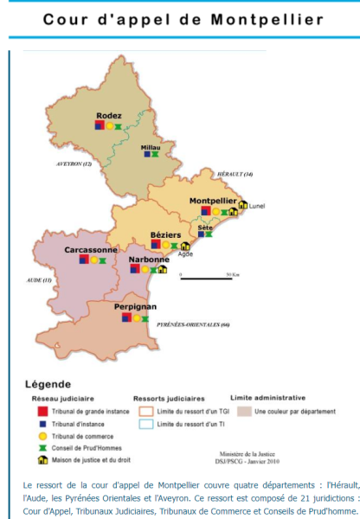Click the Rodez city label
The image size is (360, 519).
point(109,116)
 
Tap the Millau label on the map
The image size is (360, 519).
point(151,147)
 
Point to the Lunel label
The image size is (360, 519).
point(258,207)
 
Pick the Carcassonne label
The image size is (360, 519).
point(91,249)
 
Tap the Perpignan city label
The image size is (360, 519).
point(135,306)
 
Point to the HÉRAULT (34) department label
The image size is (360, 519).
point(236,175)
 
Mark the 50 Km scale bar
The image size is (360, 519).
point(206,278)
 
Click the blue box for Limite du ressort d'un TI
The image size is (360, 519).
point(145,426)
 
